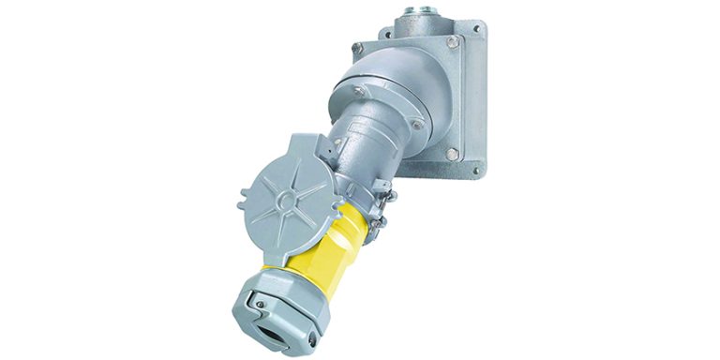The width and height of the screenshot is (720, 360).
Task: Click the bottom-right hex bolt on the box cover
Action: coord(453,153)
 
